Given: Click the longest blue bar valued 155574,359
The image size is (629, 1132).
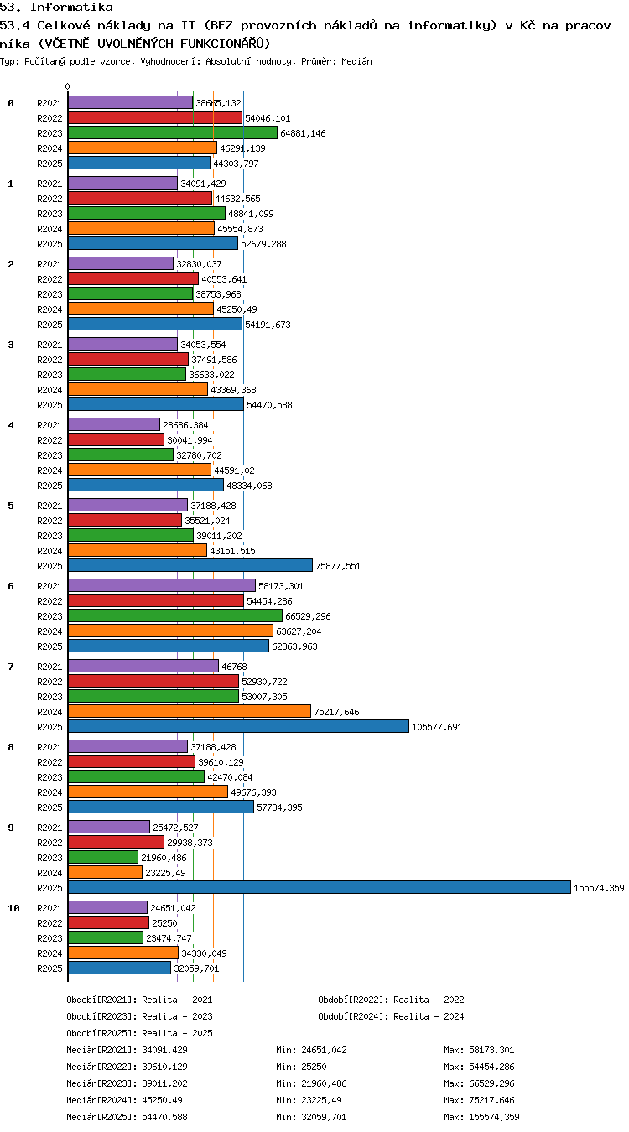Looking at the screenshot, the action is pyautogui.click(x=319, y=887).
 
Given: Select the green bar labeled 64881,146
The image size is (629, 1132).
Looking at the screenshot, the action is pyautogui.click(x=173, y=132).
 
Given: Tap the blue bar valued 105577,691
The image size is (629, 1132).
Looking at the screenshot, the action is pyautogui.click(x=238, y=726).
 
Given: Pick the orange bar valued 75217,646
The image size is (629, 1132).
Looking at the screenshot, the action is pyautogui.click(x=189, y=711).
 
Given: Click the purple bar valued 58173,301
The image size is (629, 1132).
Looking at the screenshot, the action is pyautogui.click(x=161, y=585).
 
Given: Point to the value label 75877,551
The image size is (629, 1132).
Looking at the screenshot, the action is pyautogui.click(x=338, y=566).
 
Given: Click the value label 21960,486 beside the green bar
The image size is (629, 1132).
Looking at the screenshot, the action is pyautogui.click(x=164, y=858).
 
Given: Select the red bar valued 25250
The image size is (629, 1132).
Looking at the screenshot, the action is pyautogui.click(x=108, y=922).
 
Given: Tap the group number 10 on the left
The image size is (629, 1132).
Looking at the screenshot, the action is pyautogui.click(x=13, y=908).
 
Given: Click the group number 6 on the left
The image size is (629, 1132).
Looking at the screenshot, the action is pyautogui.click(x=11, y=586).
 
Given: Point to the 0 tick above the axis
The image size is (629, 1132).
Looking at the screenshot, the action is pyautogui.click(x=67, y=86).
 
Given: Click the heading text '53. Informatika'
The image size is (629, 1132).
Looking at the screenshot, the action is pyautogui.click(x=57, y=7).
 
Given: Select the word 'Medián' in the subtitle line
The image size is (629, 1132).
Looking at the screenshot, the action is pyautogui.click(x=356, y=62).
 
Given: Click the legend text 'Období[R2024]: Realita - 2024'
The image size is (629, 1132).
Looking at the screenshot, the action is pyautogui.click(x=391, y=1016).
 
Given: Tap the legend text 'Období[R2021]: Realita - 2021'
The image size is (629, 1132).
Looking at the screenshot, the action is pyautogui.click(x=139, y=1000).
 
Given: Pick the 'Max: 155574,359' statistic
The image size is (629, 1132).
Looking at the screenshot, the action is pyautogui.click(x=481, y=1117).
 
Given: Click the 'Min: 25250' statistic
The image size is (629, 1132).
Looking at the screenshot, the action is pyautogui.click(x=301, y=1067).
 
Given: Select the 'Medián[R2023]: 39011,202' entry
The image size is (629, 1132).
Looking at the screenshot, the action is pyautogui.click(x=127, y=1083).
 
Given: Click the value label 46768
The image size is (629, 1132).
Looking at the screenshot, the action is pyautogui.click(x=234, y=667).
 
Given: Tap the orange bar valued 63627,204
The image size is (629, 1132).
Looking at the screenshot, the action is pyautogui.click(x=170, y=631).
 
